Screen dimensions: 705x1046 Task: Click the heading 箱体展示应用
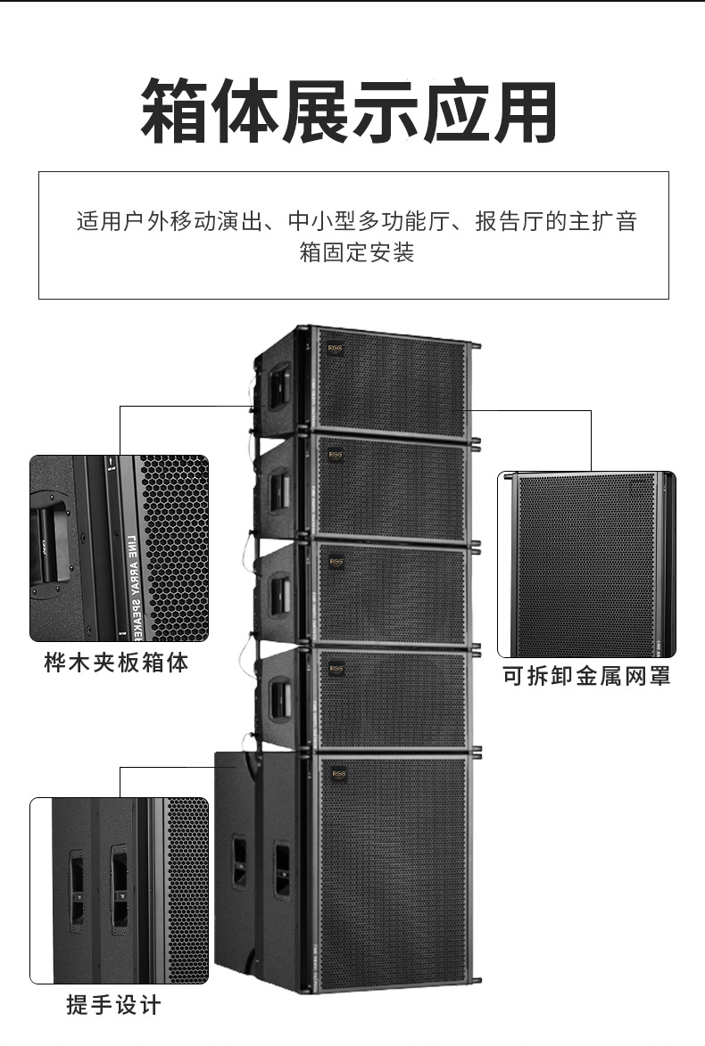[x=350, y=111]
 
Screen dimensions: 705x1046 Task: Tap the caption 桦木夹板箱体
[x=116, y=663]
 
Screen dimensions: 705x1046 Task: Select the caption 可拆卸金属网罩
[x=586, y=676]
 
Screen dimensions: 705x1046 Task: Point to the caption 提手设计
[x=113, y=1005]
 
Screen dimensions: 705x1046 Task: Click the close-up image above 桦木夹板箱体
[x=119, y=548]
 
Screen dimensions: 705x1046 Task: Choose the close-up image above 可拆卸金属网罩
[x=586, y=564]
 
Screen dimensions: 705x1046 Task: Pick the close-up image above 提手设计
[x=119, y=890]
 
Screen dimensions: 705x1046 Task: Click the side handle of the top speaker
[x=279, y=384]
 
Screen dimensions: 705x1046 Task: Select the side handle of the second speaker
[x=279, y=490]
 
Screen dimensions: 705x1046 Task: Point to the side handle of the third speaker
[x=279, y=596]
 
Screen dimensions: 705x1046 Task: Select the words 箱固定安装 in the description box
[x=356, y=252]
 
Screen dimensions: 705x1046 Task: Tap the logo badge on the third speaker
[x=336, y=562]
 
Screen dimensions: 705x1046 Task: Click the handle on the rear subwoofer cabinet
[x=239, y=861]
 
